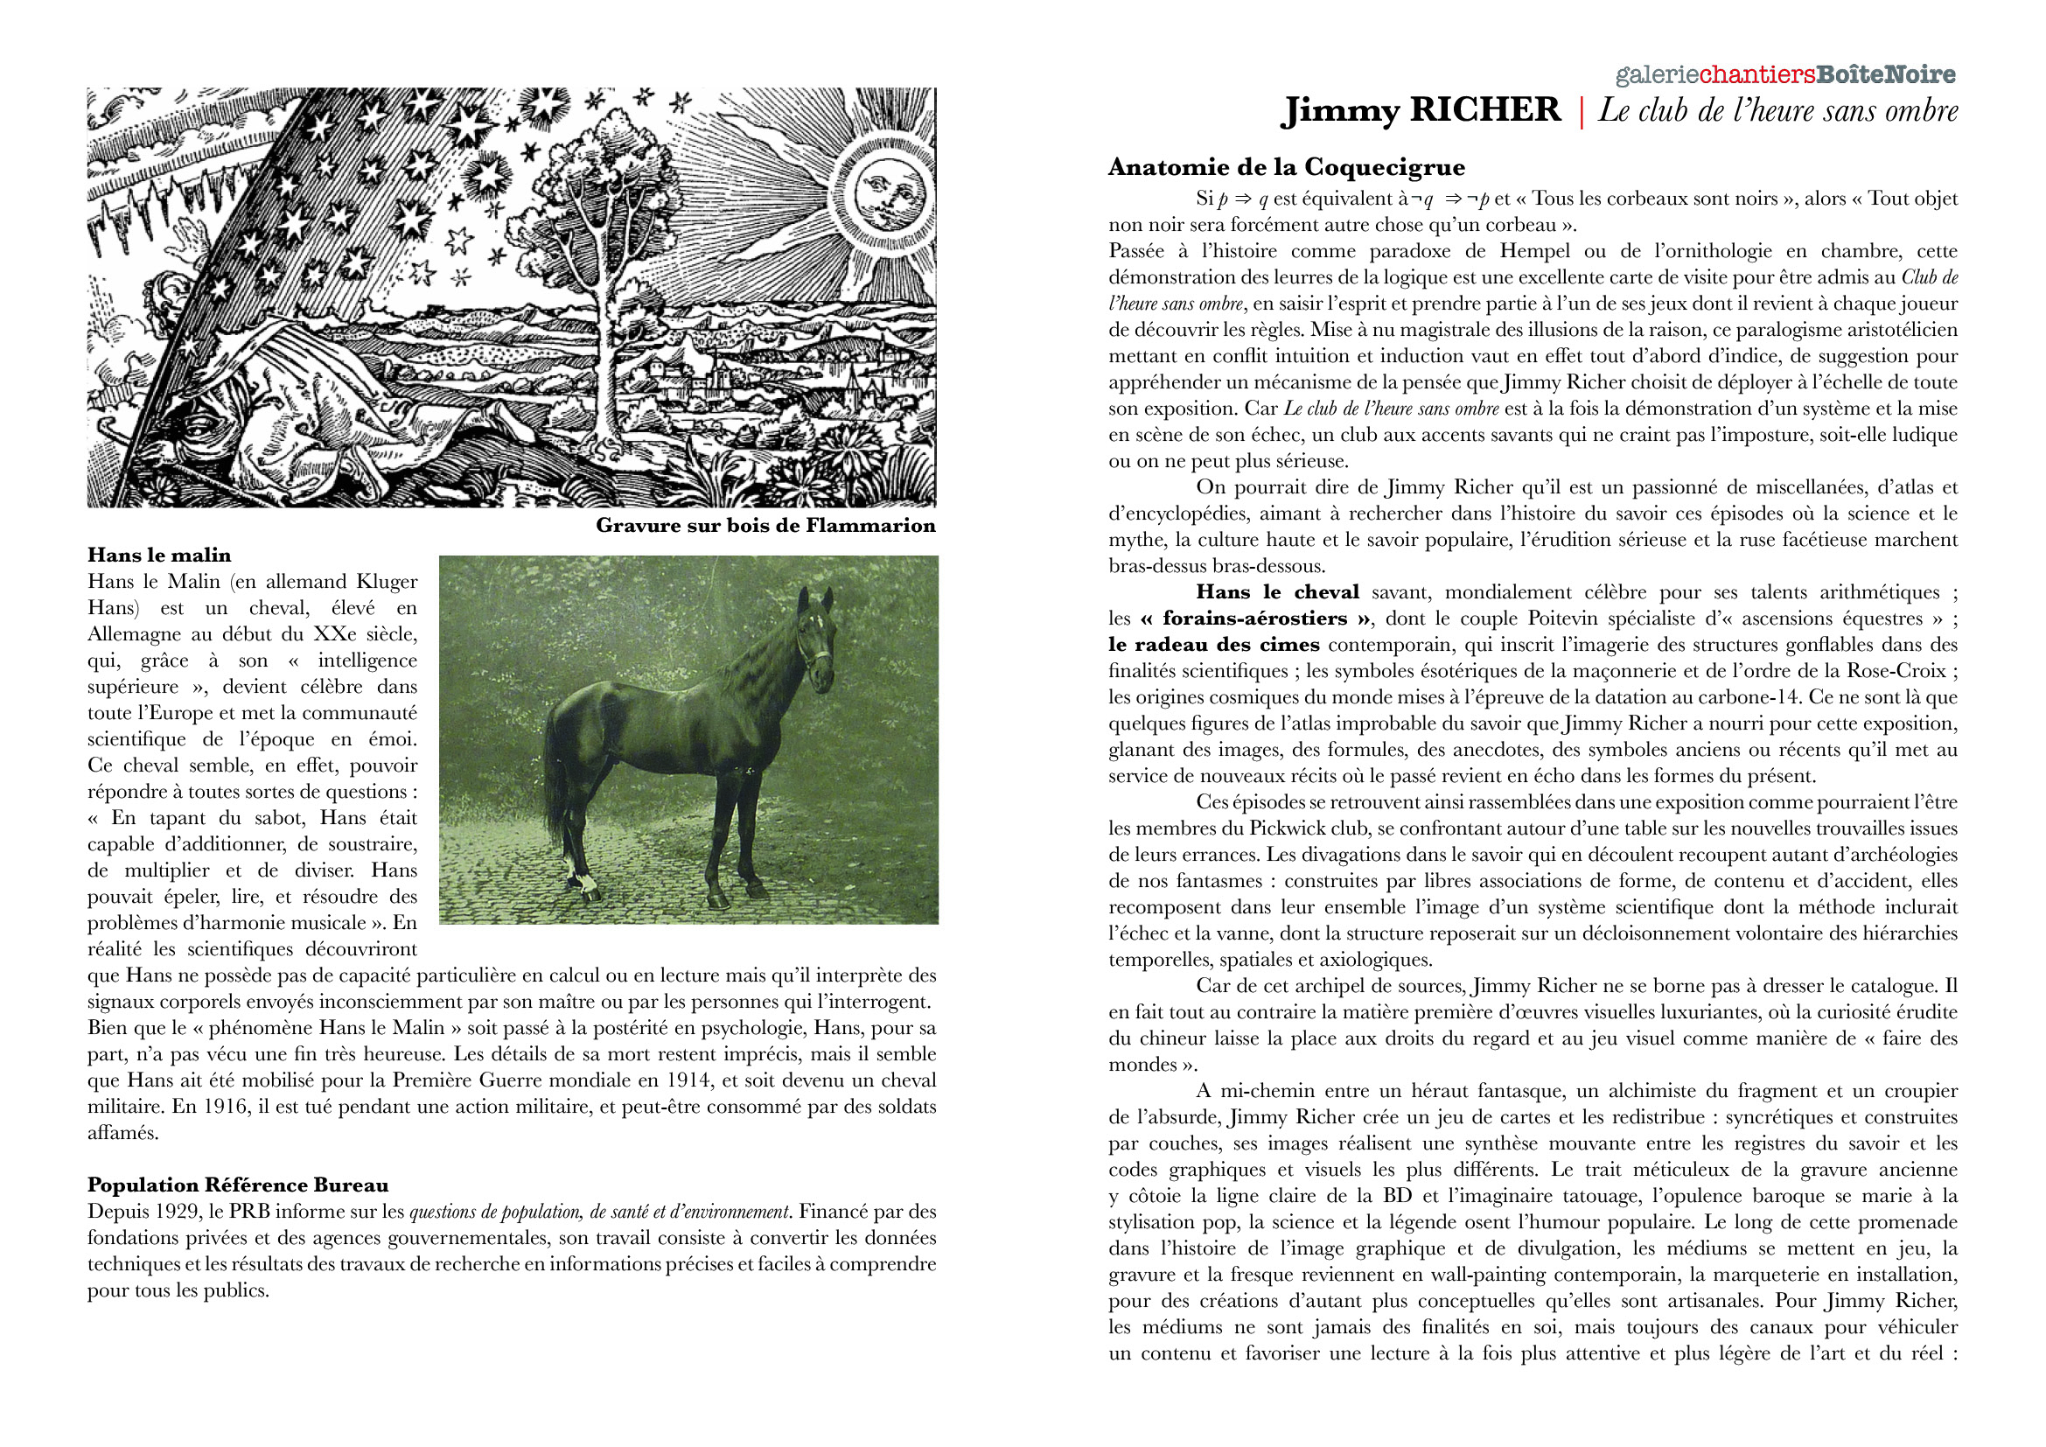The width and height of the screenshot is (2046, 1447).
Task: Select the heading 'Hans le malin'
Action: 158,556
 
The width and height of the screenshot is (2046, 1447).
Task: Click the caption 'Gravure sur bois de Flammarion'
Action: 765,525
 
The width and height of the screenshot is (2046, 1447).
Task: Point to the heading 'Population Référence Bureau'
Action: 238,1185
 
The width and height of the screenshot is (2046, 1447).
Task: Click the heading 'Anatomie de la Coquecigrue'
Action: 1287,167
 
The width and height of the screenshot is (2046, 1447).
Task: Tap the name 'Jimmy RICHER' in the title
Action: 1421,110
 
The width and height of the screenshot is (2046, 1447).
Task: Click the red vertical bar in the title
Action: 1581,112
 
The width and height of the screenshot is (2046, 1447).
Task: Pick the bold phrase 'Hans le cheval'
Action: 1277,592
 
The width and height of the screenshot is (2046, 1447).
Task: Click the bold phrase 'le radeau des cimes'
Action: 1214,645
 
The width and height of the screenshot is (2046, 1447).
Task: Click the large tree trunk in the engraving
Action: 611,374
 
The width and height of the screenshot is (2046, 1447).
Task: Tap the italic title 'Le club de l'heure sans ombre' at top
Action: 1777,110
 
